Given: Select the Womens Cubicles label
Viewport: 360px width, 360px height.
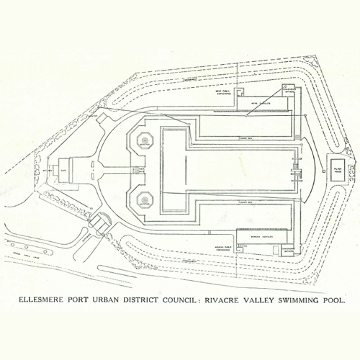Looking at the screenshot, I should tap(261, 235).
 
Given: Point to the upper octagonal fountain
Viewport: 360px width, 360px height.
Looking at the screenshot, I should tap(144, 140).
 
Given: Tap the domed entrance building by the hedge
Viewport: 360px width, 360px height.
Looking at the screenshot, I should tap(99, 221).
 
